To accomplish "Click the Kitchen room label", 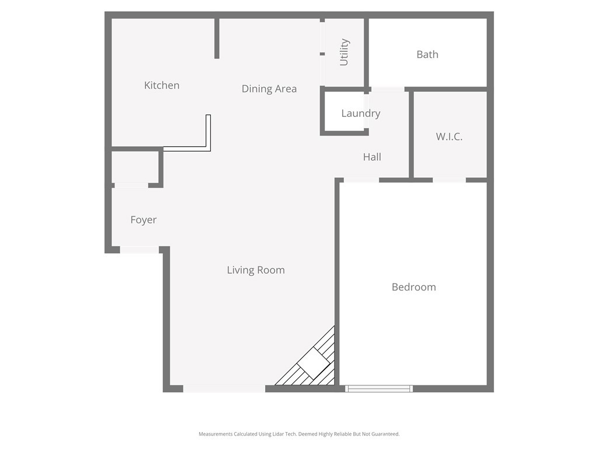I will (x=162, y=85).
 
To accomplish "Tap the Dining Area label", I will (x=269, y=89).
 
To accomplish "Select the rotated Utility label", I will (x=344, y=52).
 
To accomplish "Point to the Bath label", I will (x=427, y=54).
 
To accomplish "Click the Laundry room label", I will (x=360, y=113).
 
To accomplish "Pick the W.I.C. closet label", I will (x=449, y=137).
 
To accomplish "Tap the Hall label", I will (x=372, y=157).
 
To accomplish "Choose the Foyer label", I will (x=143, y=220).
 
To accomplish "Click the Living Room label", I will (x=256, y=270).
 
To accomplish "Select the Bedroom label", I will (x=413, y=287).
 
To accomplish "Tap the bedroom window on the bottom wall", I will (x=379, y=388).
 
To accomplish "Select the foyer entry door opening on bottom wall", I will (x=140, y=250).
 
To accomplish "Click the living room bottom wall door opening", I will (x=224, y=388).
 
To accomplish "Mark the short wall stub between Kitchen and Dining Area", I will (x=217, y=39).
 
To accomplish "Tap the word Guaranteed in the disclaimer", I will (x=385, y=434).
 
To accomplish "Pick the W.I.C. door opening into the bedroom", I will (x=449, y=180).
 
